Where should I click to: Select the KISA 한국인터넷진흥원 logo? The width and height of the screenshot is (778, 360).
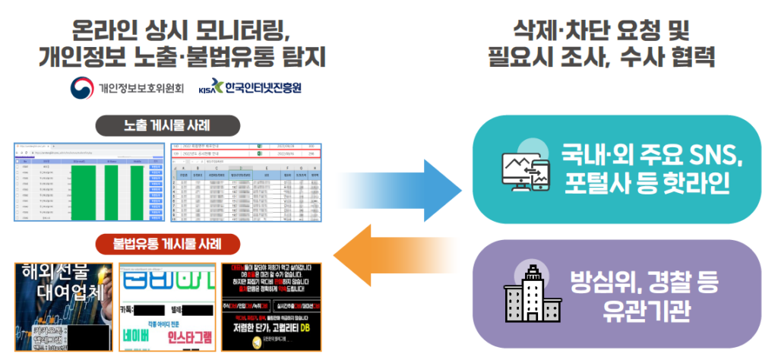point(250,87)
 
